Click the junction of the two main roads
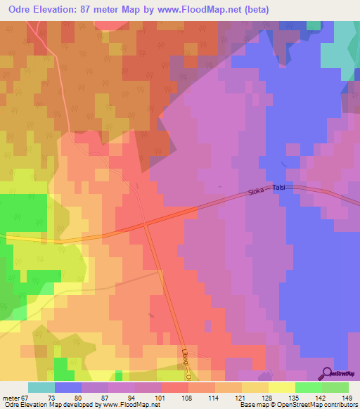(146, 225)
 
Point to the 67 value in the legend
(28, 397)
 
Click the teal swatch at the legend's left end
(41, 387)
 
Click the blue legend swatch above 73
(68, 387)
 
